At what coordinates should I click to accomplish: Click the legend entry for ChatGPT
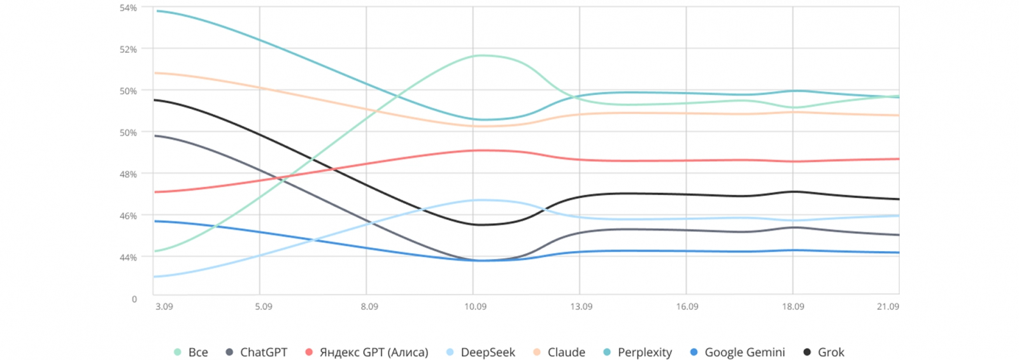pyautogui.click(x=263, y=352)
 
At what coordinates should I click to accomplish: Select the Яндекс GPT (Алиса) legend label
pyautogui.click(x=373, y=352)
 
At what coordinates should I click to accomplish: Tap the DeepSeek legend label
pyautogui.click(x=487, y=352)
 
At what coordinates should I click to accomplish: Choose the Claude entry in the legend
pyautogui.click(x=566, y=352)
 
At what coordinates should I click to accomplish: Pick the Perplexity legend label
pyautogui.click(x=645, y=352)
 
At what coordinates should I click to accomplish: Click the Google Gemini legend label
pyautogui.click(x=745, y=352)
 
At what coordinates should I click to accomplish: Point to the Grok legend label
pyautogui.click(x=830, y=352)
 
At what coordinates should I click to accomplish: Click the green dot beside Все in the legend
pyautogui.click(x=178, y=352)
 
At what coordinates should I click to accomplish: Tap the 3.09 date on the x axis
pyautogui.click(x=164, y=306)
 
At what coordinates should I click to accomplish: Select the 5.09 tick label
pyautogui.click(x=264, y=306)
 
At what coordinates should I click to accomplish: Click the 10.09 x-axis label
pyautogui.click(x=475, y=306)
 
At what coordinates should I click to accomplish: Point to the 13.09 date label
pyautogui.click(x=581, y=306)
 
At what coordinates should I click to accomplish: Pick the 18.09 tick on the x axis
pyautogui.click(x=793, y=306)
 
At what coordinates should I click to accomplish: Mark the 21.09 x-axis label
pyautogui.click(x=888, y=306)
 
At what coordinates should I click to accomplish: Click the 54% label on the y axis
pyautogui.click(x=128, y=8)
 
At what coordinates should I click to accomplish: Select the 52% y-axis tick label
pyautogui.click(x=128, y=49)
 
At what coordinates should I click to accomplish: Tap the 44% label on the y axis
pyautogui.click(x=128, y=257)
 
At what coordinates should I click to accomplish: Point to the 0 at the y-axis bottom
pyautogui.click(x=134, y=299)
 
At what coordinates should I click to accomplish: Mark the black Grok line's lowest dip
pyautogui.click(x=479, y=224)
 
